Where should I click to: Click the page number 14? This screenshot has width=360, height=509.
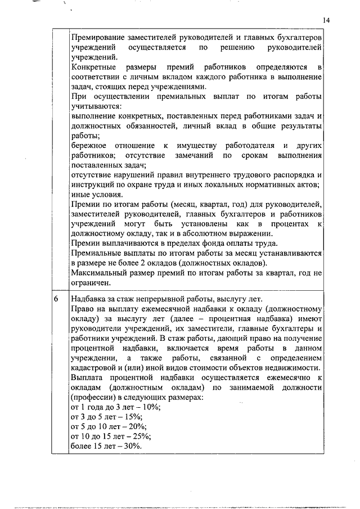326,20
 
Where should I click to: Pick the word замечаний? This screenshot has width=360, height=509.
198,155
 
